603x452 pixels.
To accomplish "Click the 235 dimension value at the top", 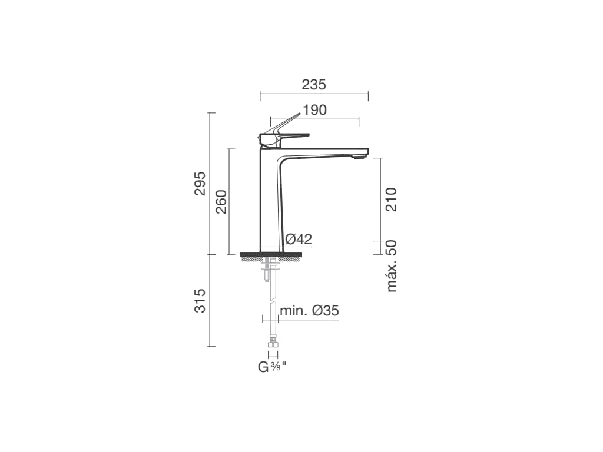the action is point(314,85).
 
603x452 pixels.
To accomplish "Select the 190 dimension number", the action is point(314,110).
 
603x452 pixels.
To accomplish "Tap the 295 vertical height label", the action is point(200,184).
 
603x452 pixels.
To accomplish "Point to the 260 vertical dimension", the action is point(221,201).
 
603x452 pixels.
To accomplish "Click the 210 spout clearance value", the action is point(391,199).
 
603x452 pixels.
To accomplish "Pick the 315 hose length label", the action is point(200,301).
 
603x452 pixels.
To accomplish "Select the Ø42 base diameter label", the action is point(299,239).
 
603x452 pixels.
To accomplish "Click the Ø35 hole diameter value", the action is point(325,311).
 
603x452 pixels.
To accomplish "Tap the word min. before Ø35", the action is point(294,311).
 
